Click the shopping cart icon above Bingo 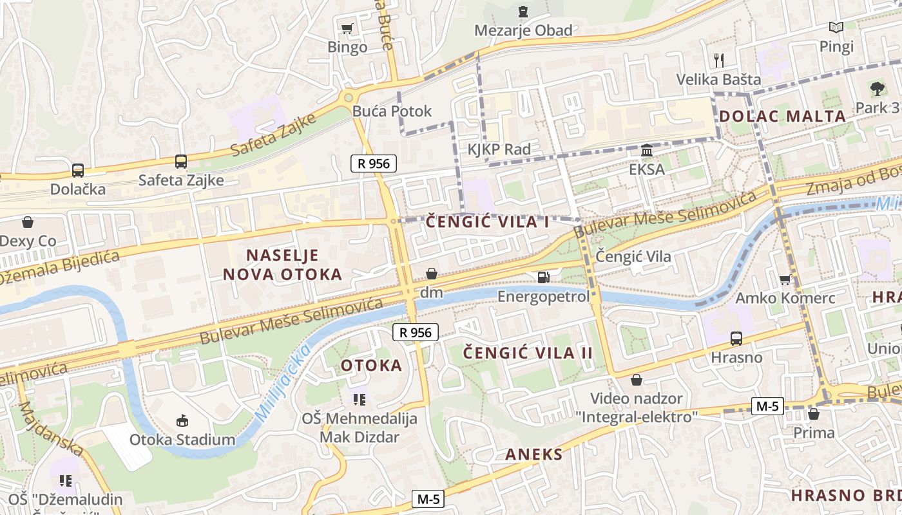pyautogui.click(x=347, y=28)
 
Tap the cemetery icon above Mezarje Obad pyautogui.click(x=523, y=12)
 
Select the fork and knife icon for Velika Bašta pyautogui.click(x=719, y=61)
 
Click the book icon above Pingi pyautogui.click(x=836, y=28)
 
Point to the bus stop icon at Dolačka pyautogui.click(x=78, y=171)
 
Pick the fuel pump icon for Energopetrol pyautogui.click(x=544, y=277)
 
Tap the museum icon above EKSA pyautogui.click(x=647, y=151)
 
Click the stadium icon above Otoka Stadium pyautogui.click(x=182, y=421)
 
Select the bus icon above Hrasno pyautogui.click(x=736, y=338)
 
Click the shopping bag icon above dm pyautogui.click(x=431, y=274)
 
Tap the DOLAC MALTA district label pyautogui.click(x=782, y=117)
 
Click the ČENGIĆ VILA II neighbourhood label pyautogui.click(x=528, y=353)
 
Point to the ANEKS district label pyautogui.click(x=533, y=454)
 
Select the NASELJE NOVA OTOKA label pyautogui.click(x=282, y=265)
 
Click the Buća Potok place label pyautogui.click(x=392, y=111)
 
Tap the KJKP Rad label pyautogui.click(x=499, y=149)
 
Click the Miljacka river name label pyautogui.click(x=282, y=383)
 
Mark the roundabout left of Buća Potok pyautogui.click(x=349, y=98)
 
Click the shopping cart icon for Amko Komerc pyautogui.click(x=785, y=279)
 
